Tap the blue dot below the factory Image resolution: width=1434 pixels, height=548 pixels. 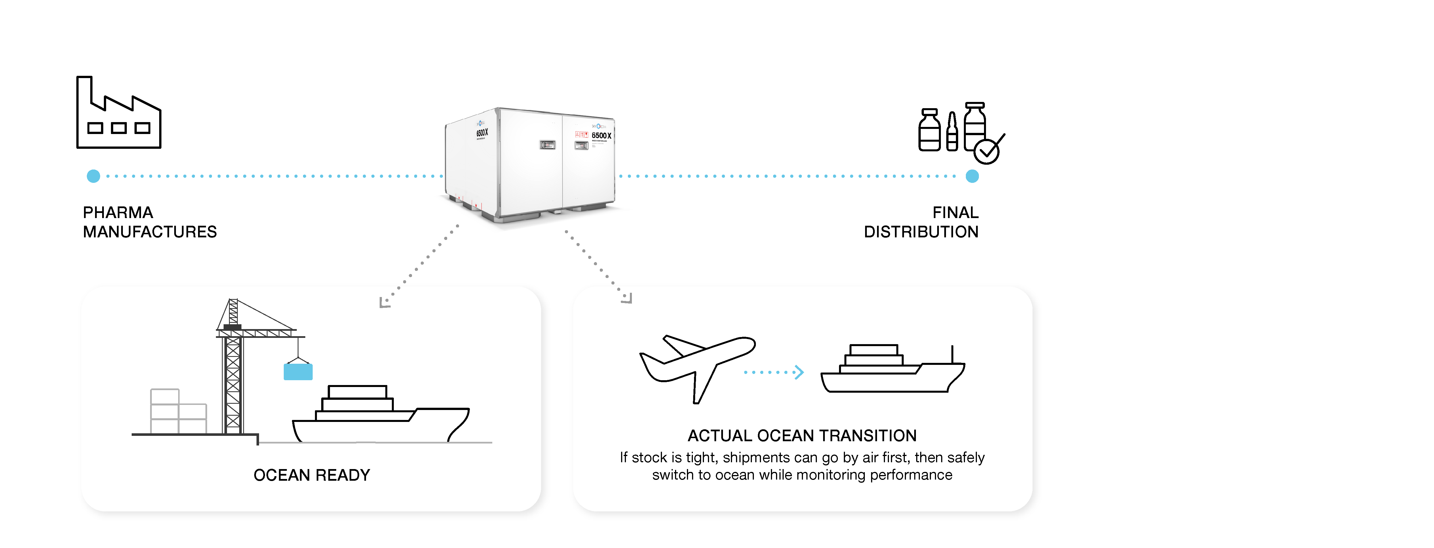(x=94, y=176)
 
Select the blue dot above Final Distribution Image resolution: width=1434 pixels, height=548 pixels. (x=972, y=176)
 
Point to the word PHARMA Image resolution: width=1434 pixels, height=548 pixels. (x=118, y=213)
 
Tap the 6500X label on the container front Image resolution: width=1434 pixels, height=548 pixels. (x=601, y=135)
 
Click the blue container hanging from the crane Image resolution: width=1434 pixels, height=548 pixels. (x=298, y=371)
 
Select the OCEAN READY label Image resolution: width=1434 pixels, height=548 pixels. (x=312, y=475)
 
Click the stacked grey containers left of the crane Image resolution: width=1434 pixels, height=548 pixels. (x=177, y=412)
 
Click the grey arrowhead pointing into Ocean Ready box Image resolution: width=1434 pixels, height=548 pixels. (x=384, y=302)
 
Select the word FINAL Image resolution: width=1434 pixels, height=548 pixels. (x=955, y=213)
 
